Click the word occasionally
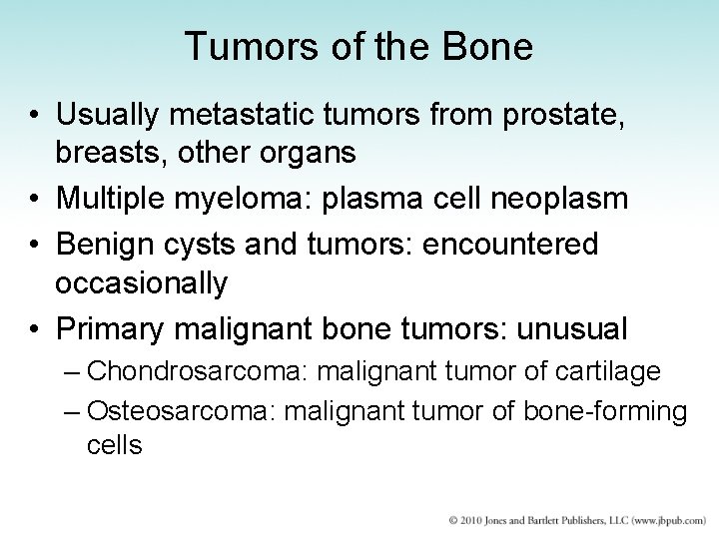[141, 283]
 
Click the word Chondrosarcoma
[199, 371]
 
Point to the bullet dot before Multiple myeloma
[34, 200]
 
